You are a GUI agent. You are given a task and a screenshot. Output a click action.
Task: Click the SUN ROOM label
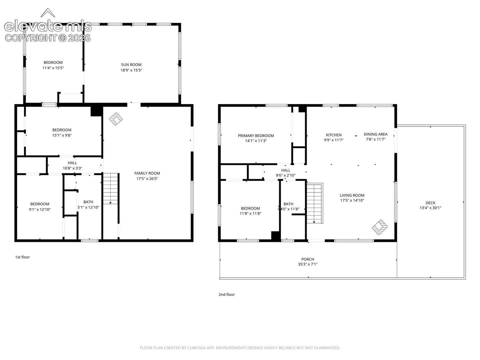pos(131,65)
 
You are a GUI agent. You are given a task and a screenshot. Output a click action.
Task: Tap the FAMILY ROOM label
pos(147,173)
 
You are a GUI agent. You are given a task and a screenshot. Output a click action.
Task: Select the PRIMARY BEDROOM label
pos(256,136)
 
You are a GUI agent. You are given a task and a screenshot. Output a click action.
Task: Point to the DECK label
pos(430,203)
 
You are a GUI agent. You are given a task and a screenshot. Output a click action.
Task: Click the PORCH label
pos(308,259)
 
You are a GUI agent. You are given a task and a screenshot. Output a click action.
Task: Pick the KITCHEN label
pos(334,135)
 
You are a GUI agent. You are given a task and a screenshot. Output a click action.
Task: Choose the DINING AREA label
pos(375,134)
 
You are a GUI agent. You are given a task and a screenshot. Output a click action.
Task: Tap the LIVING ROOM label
pos(352,195)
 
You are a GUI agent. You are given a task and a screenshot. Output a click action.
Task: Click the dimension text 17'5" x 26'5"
pos(147,179)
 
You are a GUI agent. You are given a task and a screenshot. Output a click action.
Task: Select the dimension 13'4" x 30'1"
pos(430,208)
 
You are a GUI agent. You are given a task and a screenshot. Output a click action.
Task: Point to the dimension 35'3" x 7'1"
pos(308,264)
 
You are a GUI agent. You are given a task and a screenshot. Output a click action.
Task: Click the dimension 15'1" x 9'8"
pos(62,135)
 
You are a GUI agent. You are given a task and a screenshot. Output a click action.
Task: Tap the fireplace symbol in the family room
pos(116,119)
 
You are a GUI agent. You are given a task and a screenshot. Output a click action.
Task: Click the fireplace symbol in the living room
pos(380,227)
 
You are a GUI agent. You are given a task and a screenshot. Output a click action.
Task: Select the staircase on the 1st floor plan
pos(110,189)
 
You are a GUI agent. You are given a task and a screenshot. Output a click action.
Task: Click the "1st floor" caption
pos(22,257)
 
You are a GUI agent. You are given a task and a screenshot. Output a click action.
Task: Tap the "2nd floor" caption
pos(227,294)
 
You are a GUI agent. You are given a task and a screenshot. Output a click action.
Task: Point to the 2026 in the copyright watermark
pos(79,38)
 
